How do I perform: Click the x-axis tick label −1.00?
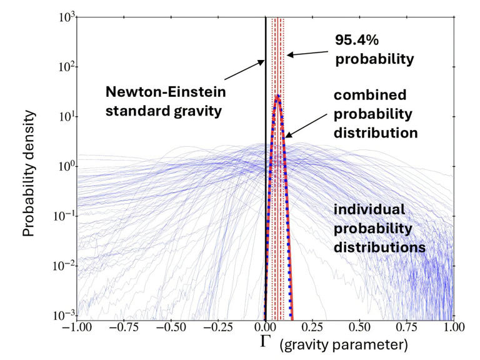pyautogui.click(x=76, y=327)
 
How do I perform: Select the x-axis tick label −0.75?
pyautogui.click(x=124, y=327)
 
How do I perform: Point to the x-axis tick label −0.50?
pyautogui.click(x=171, y=327)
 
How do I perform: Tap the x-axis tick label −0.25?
pyautogui.click(x=218, y=327)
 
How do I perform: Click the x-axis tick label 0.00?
pyautogui.click(x=266, y=327)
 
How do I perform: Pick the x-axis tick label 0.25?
pyautogui.click(x=312, y=327)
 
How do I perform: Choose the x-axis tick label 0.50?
pyautogui.click(x=360, y=327)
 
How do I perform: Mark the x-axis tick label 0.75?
pyautogui.click(x=407, y=327)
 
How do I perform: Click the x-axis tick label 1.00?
pyautogui.click(x=454, y=327)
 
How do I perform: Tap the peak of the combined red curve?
pyautogui.click(x=277, y=96)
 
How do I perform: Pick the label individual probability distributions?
pyautogui.click(x=379, y=229)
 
